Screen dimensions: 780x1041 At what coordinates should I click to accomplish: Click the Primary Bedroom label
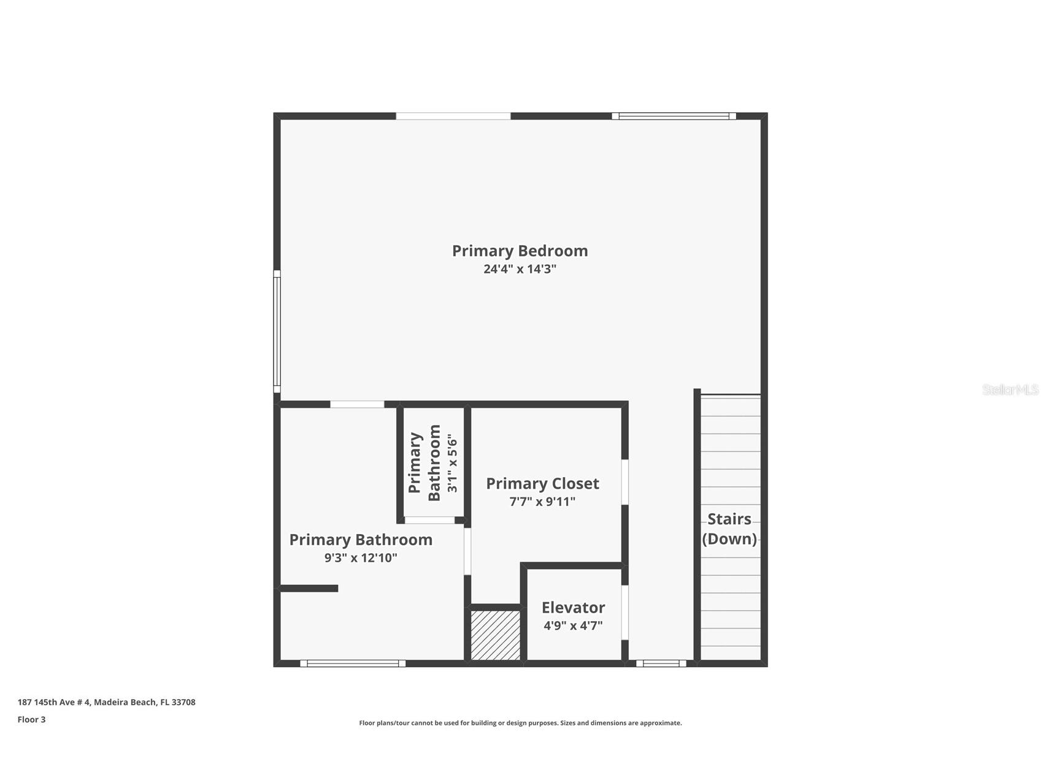click(x=520, y=251)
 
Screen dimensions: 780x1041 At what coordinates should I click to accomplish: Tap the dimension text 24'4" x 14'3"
click(x=520, y=269)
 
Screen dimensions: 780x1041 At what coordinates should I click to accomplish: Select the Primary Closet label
click(x=542, y=484)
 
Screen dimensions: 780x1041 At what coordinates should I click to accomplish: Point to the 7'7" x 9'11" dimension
click(x=542, y=502)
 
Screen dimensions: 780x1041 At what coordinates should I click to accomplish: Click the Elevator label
click(x=573, y=608)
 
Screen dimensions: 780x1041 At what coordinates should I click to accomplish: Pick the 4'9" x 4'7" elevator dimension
click(x=573, y=625)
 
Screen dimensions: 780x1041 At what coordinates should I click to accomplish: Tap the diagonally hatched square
click(x=496, y=635)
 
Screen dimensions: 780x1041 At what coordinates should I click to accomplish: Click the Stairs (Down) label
click(x=729, y=529)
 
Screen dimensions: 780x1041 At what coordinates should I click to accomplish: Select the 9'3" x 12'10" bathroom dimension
click(x=361, y=558)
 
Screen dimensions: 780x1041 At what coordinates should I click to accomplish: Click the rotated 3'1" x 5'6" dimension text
click(x=452, y=463)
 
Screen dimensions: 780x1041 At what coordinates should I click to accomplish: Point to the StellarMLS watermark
click(x=1010, y=389)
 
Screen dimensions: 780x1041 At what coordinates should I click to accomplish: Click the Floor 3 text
click(x=31, y=720)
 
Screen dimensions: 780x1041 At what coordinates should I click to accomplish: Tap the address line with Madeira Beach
click(x=106, y=702)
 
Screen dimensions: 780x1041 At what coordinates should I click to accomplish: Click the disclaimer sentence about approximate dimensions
click(x=520, y=723)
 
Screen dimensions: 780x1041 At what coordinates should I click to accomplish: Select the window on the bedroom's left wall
click(x=277, y=331)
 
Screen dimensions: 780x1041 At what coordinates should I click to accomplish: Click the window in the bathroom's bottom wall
click(x=353, y=663)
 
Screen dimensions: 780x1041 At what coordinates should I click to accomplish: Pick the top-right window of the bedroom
click(x=674, y=116)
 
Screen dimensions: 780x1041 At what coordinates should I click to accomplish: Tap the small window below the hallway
click(x=661, y=663)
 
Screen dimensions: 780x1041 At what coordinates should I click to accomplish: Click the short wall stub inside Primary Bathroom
click(x=309, y=589)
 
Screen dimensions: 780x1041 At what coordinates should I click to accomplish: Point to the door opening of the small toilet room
click(x=429, y=521)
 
